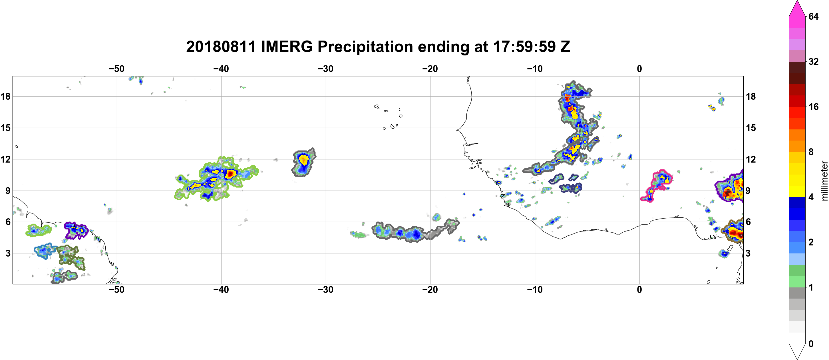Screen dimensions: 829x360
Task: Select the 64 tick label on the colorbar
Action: (x=814, y=16)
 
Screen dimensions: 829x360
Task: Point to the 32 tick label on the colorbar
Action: (x=814, y=61)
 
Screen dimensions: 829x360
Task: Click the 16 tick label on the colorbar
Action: (x=814, y=107)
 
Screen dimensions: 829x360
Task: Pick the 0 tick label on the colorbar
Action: (x=811, y=344)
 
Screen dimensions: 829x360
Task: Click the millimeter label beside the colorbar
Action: (x=824, y=181)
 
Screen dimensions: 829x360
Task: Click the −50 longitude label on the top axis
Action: (x=116, y=69)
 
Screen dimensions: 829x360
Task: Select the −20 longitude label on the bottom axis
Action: (x=430, y=290)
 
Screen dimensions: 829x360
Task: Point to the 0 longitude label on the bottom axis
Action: (x=639, y=290)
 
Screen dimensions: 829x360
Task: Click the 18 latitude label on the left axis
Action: (x=5, y=96)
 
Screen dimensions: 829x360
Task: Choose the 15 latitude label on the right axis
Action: (x=751, y=128)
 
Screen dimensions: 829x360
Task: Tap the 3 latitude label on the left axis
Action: (x=8, y=253)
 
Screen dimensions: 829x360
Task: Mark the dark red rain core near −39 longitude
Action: (x=230, y=174)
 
